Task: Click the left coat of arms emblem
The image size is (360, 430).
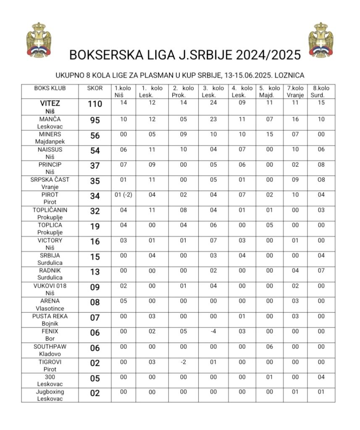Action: click(x=39, y=40)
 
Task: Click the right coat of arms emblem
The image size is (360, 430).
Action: click(x=321, y=40)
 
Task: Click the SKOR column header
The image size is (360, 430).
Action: click(x=95, y=88)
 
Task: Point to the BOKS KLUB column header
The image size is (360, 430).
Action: click(x=50, y=88)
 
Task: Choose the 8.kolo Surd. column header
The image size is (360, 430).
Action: click(x=321, y=92)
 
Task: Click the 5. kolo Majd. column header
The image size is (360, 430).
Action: click(x=269, y=92)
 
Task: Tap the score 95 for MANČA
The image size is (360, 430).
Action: click(x=95, y=121)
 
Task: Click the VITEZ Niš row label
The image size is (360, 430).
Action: click(x=50, y=107)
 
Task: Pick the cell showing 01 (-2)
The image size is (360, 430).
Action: click(x=124, y=194)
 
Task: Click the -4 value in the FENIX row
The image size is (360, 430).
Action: click(x=213, y=331)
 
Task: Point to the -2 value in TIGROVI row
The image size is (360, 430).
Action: click(x=183, y=362)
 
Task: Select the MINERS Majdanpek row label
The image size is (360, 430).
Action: click(x=50, y=138)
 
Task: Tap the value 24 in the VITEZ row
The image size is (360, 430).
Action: click(x=213, y=102)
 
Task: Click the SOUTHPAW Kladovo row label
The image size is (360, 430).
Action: click(x=50, y=350)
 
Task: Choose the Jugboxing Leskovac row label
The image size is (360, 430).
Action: click(x=50, y=395)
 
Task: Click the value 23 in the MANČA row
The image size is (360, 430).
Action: click(x=213, y=119)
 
